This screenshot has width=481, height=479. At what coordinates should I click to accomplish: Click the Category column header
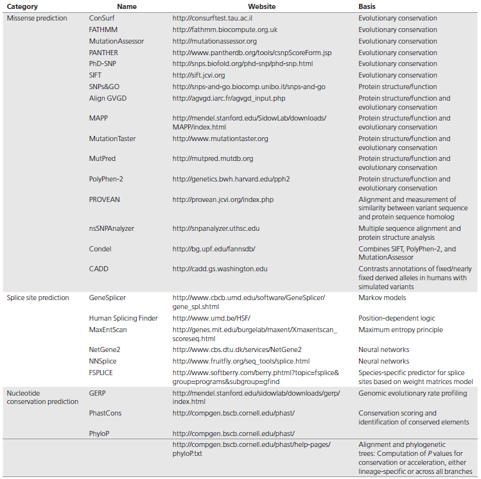tap(22, 6)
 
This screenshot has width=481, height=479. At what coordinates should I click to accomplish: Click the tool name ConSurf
tap(102, 18)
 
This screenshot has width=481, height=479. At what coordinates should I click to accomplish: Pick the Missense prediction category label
tap(37, 18)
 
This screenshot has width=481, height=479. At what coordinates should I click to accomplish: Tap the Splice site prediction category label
tap(39, 298)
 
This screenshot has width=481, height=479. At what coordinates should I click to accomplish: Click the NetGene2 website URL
tap(237, 349)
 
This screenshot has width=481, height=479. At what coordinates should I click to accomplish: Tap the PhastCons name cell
tap(105, 413)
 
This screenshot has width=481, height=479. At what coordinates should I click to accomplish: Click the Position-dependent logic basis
tap(396, 318)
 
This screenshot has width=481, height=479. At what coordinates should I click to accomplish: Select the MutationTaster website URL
tap(220, 139)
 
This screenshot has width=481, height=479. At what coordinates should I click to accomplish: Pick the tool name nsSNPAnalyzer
tap(111, 228)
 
